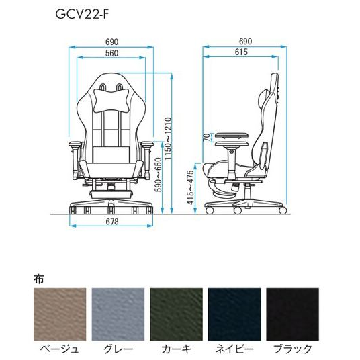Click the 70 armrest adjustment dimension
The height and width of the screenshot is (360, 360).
tap(206, 138)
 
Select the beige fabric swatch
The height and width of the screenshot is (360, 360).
tap(58, 315)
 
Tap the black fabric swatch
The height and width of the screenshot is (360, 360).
tap(294, 315)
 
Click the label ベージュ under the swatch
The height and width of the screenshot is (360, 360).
tap(58, 349)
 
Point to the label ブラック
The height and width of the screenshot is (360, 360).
tap(294, 349)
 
